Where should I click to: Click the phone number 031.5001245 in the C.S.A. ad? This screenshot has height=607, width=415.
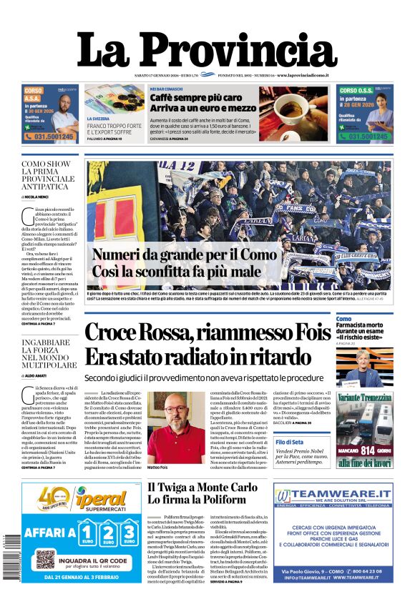[51, 136]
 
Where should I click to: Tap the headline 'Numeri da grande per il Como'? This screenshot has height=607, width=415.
[184, 255]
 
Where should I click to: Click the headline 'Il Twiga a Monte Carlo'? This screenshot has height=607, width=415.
[202, 487]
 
